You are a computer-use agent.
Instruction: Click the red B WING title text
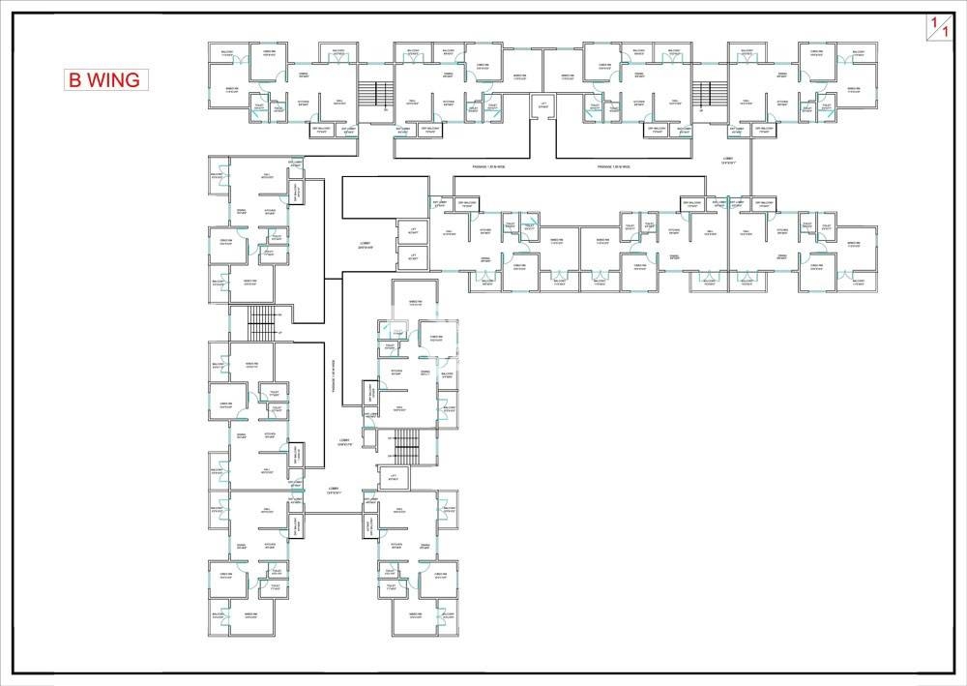(103, 79)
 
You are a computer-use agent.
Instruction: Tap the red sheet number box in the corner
(937, 27)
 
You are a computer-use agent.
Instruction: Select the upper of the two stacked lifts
(412, 232)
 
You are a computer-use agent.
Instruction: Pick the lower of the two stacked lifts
(412, 257)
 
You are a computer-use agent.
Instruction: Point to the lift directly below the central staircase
(393, 476)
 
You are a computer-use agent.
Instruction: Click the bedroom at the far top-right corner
(854, 92)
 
